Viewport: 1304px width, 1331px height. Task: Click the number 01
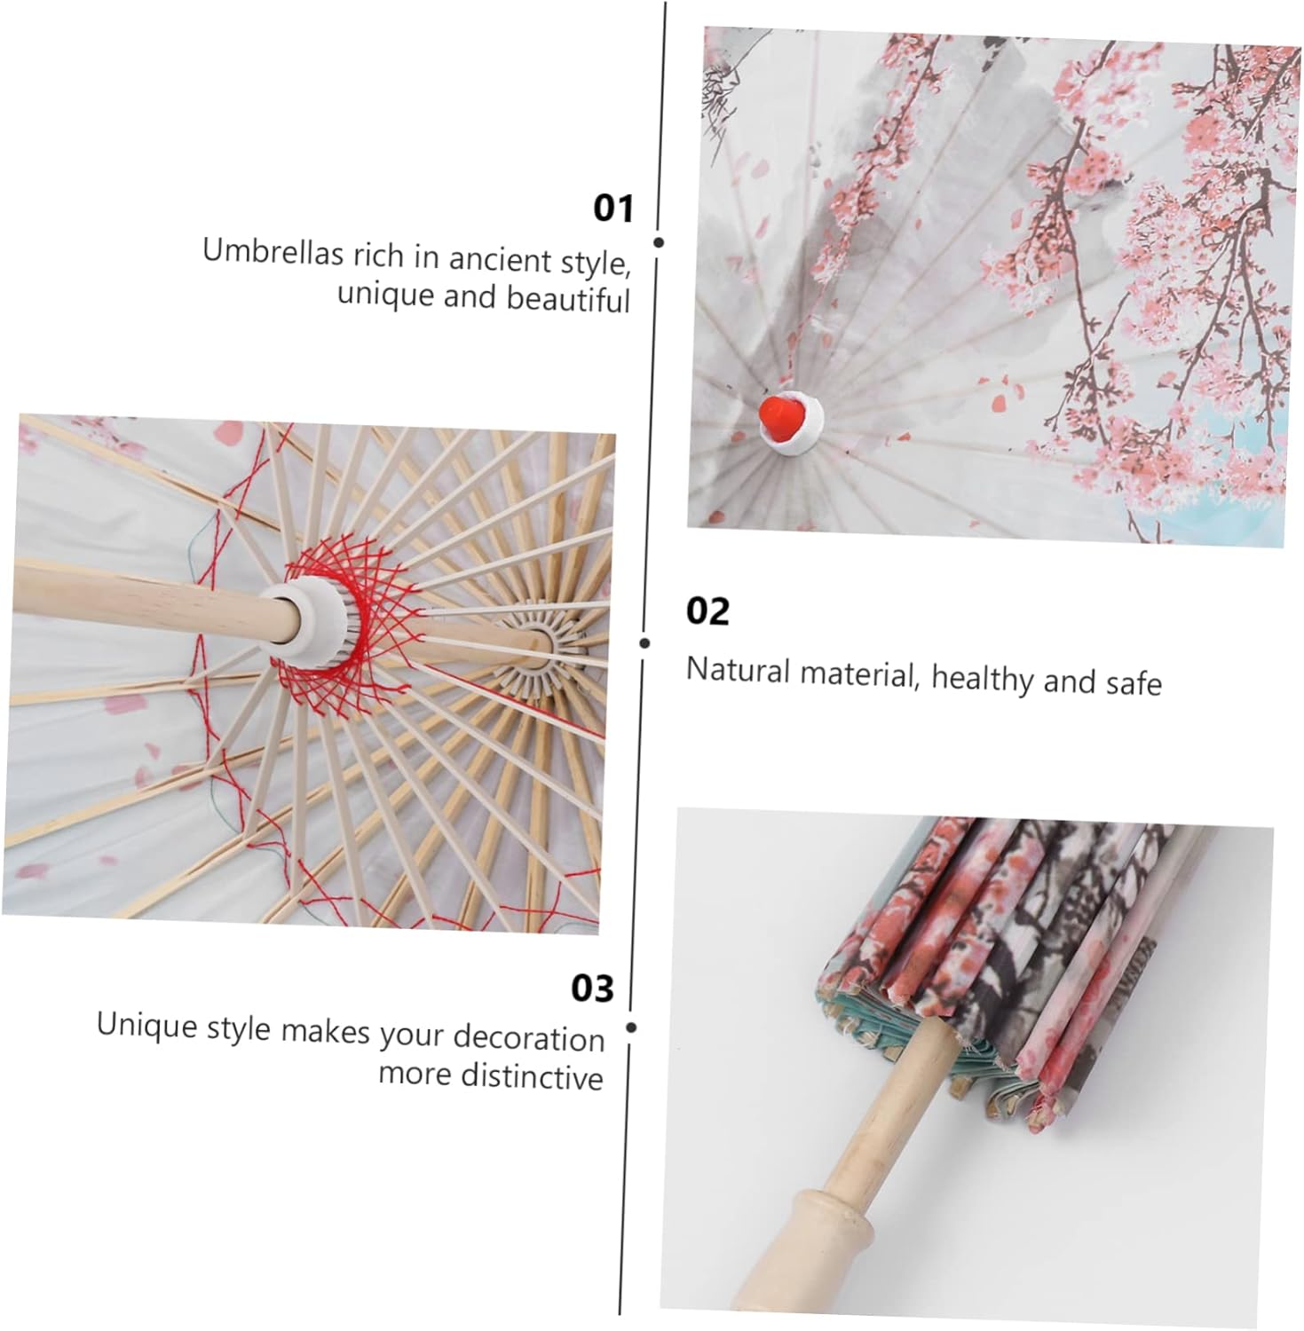[x=613, y=209]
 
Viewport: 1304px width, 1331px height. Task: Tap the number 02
[x=707, y=611]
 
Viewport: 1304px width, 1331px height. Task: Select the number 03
[x=591, y=988]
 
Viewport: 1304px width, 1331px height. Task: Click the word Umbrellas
[x=273, y=252]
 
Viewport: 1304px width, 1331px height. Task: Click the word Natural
[x=738, y=670]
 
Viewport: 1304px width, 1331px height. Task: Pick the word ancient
[x=500, y=259]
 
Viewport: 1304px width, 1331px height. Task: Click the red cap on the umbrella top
[x=780, y=416]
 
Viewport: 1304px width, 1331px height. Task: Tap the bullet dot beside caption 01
[x=659, y=242]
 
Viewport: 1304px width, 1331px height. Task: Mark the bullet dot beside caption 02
[x=644, y=643]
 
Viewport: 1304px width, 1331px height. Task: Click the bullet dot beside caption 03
[x=631, y=1028]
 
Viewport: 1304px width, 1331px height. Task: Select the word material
[x=857, y=674]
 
